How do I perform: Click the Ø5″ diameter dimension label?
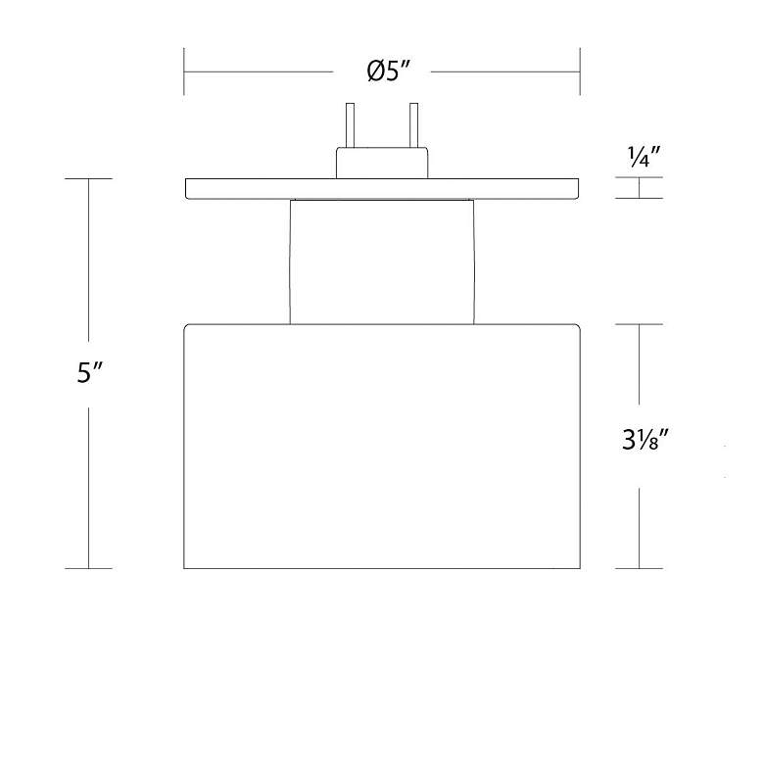click(389, 72)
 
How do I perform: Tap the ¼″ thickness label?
click(644, 157)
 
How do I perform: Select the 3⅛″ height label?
click(645, 440)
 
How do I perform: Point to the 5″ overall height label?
click(89, 373)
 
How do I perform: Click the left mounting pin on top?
click(350, 125)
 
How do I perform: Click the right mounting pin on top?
click(413, 125)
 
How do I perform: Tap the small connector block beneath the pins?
click(382, 163)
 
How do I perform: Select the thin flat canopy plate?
click(382, 189)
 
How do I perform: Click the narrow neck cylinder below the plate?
click(382, 262)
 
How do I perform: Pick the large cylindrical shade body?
click(382, 446)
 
